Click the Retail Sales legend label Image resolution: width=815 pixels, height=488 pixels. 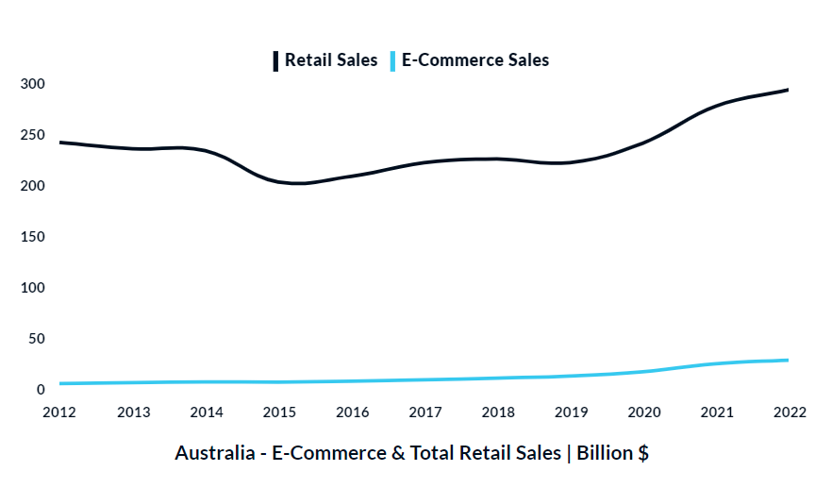click(x=330, y=60)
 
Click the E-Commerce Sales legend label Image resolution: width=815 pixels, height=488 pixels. click(x=475, y=60)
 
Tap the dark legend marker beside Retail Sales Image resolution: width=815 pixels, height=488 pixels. click(x=275, y=60)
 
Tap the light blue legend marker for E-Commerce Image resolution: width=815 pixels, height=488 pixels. click(x=392, y=60)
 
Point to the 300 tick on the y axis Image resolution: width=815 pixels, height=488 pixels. click(x=33, y=84)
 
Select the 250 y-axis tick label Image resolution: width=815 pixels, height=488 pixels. click(x=33, y=135)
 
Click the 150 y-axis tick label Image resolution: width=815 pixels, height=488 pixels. click(x=33, y=237)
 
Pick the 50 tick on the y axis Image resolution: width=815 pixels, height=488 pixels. click(x=36, y=339)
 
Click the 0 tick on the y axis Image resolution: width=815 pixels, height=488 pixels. click(x=41, y=390)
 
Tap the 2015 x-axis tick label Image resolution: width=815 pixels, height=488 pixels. click(x=279, y=412)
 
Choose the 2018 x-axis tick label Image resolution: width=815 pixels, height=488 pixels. click(x=498, y=412)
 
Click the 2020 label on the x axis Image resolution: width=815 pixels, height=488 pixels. click(x=644, y=412)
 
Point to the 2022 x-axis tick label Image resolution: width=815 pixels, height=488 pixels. click(x=790, y=412)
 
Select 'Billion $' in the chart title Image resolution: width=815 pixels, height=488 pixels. click(x=612, y=453)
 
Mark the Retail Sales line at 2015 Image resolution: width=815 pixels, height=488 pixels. click(x=279, y=182)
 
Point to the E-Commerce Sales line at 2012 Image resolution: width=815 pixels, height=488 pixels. click(x=60, y=383)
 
